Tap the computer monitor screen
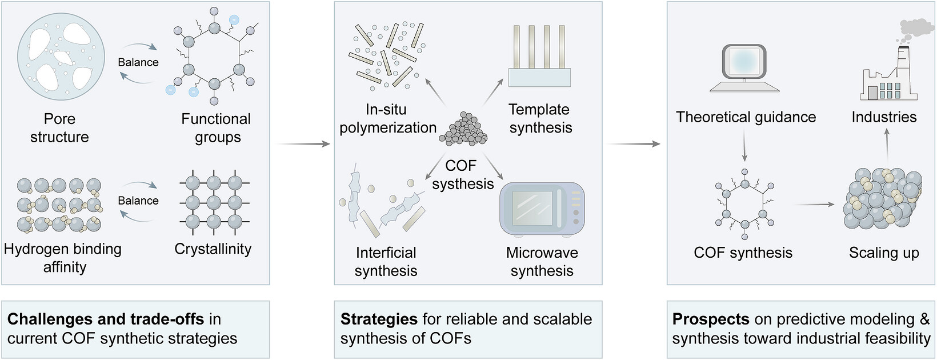(744, 61)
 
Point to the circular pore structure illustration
(61, 56)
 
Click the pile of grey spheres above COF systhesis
(463, 129)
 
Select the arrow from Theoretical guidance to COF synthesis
(744, 146)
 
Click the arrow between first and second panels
(303, 144)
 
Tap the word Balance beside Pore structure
(138, 62)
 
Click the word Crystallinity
(213, 249)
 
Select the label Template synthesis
(540, 118)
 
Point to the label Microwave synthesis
(542, 262)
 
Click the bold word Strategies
(379, 319)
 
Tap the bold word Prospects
(711, 319)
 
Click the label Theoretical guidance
(746, 117)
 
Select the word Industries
(884, 117)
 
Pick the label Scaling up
(884, 253)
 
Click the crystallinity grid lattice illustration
(214, 204)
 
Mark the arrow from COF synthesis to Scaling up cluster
(814, 204)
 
